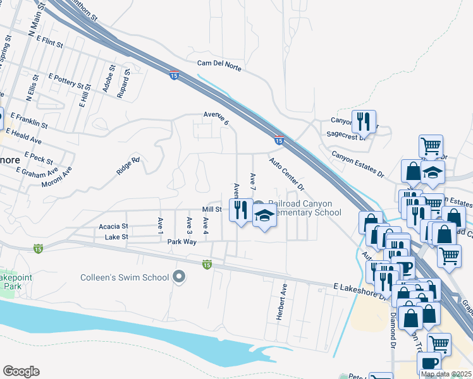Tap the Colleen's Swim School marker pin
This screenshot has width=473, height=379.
tap(179, 277)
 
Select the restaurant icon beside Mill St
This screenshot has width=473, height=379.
tap(240, 209)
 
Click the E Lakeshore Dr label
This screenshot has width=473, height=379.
tap(359, 287)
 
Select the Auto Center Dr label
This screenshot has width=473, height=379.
tap(286, 175)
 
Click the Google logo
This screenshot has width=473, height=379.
tap(21, 371)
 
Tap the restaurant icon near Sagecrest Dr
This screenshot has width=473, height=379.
tap(363, 121)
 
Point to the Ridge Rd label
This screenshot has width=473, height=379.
tap(127, 165)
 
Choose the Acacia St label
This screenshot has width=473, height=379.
tap(113, 226)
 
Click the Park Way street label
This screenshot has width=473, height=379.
tap(183, 241)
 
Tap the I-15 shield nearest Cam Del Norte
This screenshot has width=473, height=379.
tap(174, 76)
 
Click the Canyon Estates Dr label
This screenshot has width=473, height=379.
tap(358, 163)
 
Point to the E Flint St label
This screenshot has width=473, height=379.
tap(50, 42)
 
